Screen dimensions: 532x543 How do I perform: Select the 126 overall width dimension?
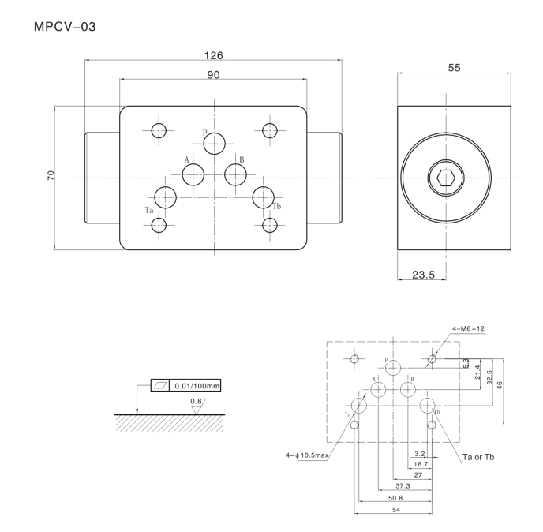(213, 55)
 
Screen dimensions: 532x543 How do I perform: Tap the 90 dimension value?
(213, 74)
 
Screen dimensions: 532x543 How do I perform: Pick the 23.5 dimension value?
(424, 275)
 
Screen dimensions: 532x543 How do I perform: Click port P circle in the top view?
(214, 144)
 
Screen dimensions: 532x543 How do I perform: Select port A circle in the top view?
(193, 175)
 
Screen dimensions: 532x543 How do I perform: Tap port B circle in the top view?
(235, 175)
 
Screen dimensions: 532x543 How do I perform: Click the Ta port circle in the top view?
(166, 197)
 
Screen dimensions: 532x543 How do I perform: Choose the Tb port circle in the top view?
(263, 197)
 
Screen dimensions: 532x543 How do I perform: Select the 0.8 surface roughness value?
(197, 402)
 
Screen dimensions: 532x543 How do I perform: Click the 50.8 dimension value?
(395, 498)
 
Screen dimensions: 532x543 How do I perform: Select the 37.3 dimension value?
(403, 485)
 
